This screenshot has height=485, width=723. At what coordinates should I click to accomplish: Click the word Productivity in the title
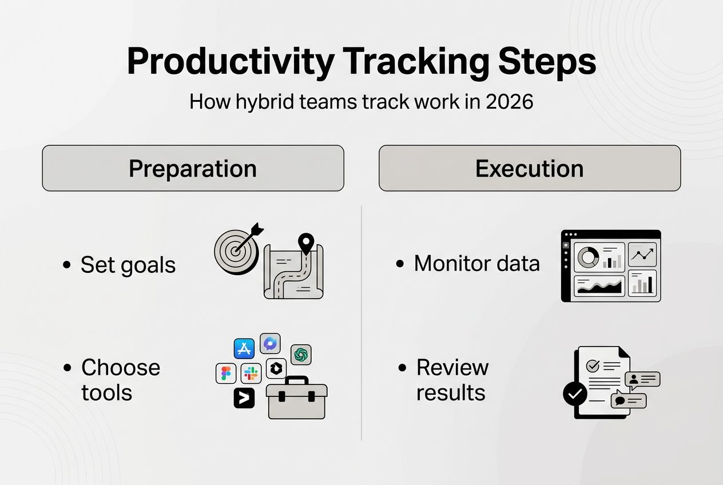click(231, 62)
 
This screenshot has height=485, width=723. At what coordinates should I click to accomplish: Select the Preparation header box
click(193, 168)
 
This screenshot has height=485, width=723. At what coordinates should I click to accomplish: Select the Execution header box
click(530, 168)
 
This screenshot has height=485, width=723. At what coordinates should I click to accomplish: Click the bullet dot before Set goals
click(67, 265)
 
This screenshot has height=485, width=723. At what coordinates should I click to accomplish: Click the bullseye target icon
click(237, 251)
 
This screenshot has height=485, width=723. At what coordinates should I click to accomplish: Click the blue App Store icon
click(244, 348)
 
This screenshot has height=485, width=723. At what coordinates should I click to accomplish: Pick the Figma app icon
click(226, 373)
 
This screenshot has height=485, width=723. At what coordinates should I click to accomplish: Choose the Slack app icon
click(251, 373)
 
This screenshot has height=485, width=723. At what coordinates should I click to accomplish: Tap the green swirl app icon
click(301, 355)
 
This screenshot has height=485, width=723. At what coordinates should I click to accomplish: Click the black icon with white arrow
click(244, 398)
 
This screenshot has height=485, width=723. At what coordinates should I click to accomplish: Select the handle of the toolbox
click(296, 380)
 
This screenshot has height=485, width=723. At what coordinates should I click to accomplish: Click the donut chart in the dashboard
click(588, 257)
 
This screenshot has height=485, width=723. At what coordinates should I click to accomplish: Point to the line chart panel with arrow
click(642, 255)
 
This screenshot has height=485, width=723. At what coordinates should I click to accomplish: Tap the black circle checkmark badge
click(575, 393)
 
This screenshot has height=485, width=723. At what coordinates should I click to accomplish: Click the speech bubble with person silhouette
click(642, 380)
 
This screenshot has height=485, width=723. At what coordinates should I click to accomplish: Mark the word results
click(451, 393)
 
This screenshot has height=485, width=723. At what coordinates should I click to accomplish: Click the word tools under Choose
click(107, 393)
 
